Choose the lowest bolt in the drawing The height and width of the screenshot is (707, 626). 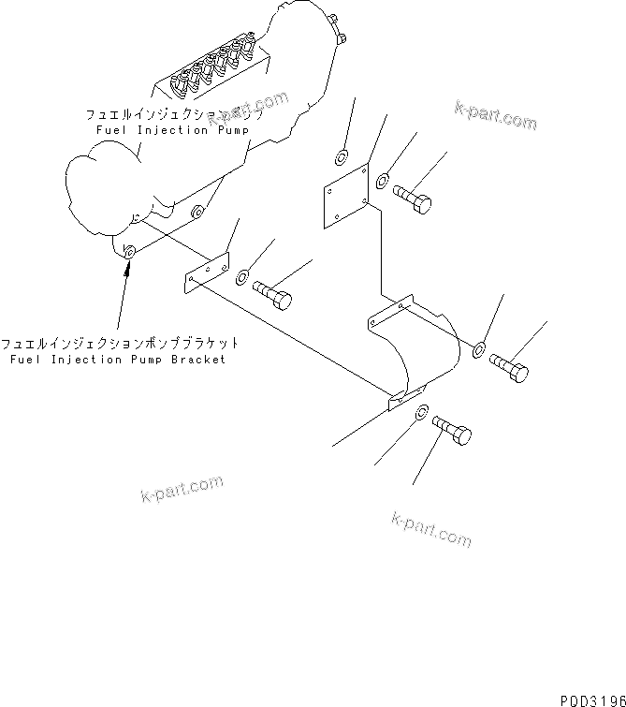[453, 432]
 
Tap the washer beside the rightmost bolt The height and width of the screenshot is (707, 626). [478, 349]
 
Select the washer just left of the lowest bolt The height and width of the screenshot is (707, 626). [422, 411]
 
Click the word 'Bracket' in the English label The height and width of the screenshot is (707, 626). [197, 359]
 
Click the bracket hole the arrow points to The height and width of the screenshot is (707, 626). [129, 252]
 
